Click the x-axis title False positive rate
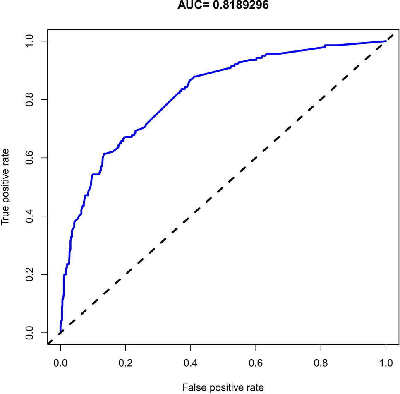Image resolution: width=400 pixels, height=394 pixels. click(223, 387)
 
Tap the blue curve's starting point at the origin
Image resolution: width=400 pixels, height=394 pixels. click(60, 332)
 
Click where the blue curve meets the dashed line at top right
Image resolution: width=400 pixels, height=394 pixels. click(385, 41)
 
